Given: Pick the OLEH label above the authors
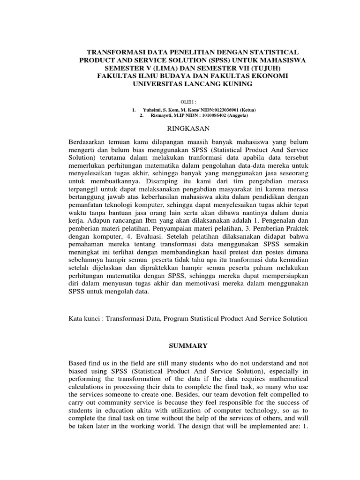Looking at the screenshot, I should tap(187, 101).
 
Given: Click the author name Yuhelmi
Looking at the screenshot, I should tap(152, 110).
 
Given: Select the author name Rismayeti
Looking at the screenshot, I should tap(162, 115).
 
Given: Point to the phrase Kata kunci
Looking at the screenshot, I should tap(85, 318).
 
